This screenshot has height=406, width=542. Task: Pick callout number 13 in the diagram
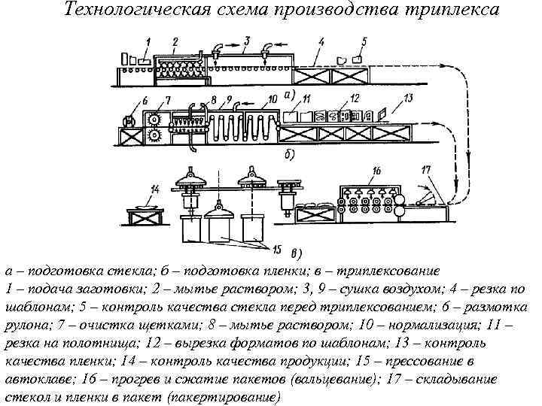[x=408, y=98]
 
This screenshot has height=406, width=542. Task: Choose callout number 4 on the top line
[x=321, y=42]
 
